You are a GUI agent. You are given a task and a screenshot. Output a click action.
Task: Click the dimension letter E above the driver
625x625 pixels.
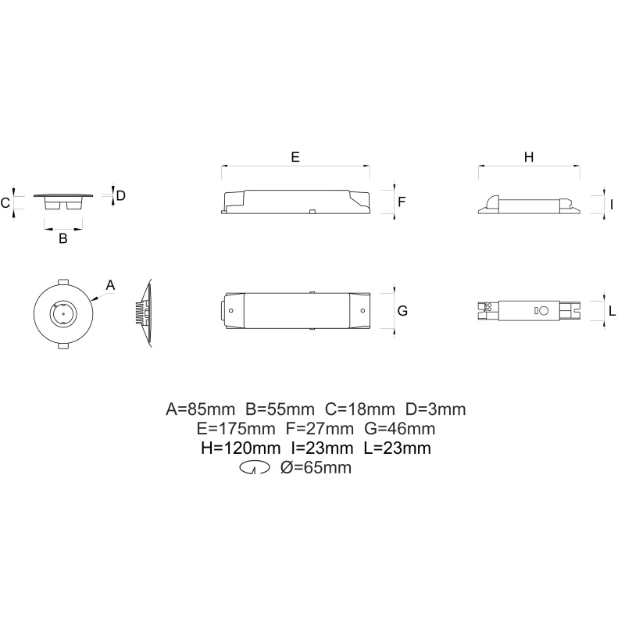coord(295,157)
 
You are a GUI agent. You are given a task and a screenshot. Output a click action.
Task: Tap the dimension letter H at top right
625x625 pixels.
coord(529,157)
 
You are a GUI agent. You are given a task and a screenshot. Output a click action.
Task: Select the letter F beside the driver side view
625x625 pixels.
coord(402,202)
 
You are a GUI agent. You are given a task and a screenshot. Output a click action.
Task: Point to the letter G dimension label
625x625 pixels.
coord(402,310)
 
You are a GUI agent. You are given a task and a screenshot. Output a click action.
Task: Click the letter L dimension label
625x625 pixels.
coord(612,310)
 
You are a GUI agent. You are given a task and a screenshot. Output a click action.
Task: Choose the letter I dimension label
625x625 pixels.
coord(612,205)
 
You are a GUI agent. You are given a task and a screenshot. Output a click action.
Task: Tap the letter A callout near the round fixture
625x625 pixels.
coord(110,285)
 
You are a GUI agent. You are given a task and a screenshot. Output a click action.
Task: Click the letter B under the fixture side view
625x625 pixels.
coord(63,238)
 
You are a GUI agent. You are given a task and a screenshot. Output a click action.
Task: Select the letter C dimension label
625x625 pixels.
coord(5,203)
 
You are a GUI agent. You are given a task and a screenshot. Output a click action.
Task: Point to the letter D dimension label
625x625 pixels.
coord(121,195)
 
